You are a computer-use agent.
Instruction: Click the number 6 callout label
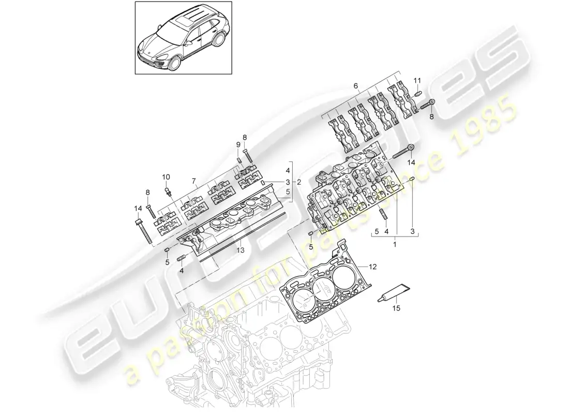pos(355,85)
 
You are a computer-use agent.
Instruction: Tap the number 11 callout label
pos(417,80)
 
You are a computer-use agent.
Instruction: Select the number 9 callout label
pos(238,144)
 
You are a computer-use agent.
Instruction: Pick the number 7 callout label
pos(194,182)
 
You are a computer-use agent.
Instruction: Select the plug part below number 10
pos(169,191)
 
